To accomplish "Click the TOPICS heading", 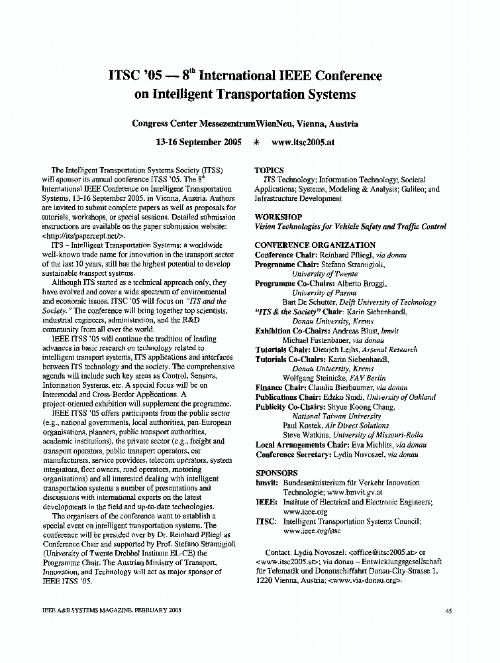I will (269, 170).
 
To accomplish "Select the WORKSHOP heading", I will (278, 217).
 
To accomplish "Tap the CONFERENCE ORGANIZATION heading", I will (315, 245).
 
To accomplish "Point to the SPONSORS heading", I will (276, 473).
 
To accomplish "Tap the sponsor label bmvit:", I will (266, 483).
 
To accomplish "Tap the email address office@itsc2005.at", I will (375, 552).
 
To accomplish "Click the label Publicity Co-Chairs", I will (287, 407).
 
